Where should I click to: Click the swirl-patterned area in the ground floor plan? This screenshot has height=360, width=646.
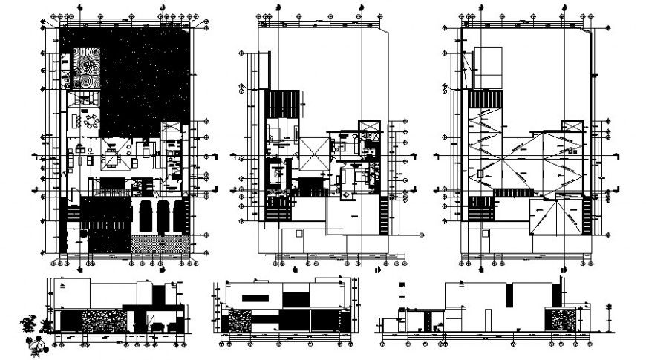coord(88,68)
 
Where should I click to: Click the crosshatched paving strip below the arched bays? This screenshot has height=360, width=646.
coord(159,243)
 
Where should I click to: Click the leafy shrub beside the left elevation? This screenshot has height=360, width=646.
coord(30,321)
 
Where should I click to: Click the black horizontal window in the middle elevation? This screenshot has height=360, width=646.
coord(257,298)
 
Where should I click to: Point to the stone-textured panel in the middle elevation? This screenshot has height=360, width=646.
coord(238,321)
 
